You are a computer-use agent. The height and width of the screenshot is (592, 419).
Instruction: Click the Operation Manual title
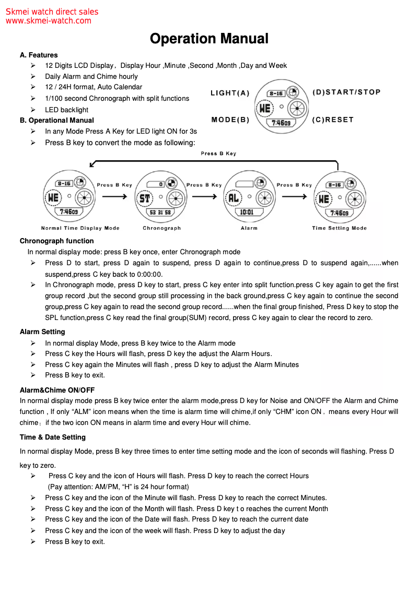(209, 39)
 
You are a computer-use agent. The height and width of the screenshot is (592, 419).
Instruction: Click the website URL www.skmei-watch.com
(49, 21)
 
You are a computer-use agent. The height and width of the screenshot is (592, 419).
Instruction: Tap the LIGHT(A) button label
(230, 93)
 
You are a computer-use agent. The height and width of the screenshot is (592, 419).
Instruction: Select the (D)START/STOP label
(347, 92)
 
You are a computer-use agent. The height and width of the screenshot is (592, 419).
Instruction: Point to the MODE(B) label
(230, 120)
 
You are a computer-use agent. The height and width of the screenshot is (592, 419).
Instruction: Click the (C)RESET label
(333, 120)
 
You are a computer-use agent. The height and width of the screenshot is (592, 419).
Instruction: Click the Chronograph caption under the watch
(162, 228)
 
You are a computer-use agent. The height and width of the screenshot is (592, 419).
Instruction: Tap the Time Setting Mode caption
(340, 228)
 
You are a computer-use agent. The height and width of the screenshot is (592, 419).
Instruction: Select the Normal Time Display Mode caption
(80, 228)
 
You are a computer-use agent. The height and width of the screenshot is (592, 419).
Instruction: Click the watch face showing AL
(249, 197)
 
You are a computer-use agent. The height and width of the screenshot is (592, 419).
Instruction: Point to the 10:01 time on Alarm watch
(247, 212)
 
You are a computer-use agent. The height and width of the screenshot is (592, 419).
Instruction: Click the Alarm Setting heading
(42, 331)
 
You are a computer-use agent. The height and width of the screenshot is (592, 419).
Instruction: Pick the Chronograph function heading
(56, 241)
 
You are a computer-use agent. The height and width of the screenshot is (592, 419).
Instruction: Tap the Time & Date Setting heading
(53, 437)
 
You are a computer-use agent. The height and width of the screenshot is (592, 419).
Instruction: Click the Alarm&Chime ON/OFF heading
(57, 390)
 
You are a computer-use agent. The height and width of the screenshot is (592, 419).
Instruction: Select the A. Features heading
(39, 55)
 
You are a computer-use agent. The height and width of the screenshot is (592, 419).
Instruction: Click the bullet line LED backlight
(66, 110)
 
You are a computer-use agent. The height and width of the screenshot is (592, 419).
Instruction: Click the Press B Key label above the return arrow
(218, 153)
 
